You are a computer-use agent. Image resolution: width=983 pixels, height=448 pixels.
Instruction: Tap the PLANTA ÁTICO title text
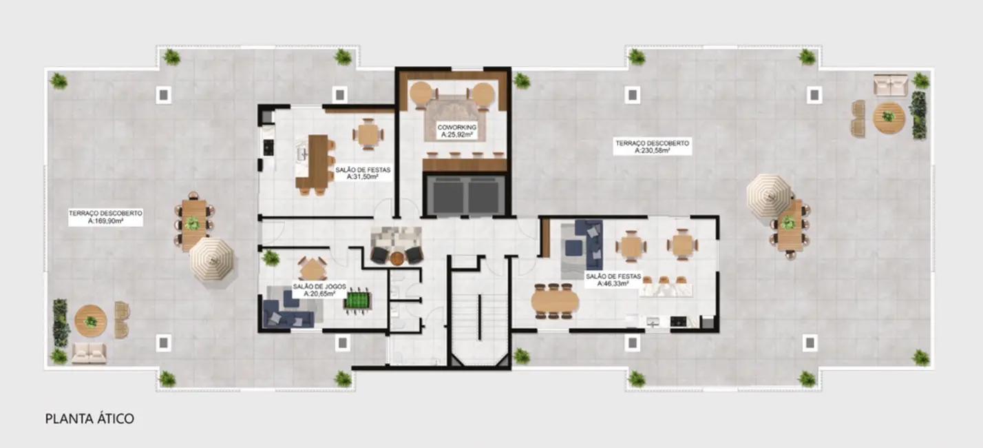(x=89, y=418)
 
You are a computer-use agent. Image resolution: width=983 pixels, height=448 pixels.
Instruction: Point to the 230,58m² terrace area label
(x=652, y=146)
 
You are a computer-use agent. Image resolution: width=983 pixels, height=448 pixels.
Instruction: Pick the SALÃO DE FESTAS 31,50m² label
(x=354, y=172)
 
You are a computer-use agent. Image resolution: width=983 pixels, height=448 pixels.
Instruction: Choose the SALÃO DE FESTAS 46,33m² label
(x=613, y=279)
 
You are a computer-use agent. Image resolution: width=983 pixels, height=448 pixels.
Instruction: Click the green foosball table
(x=357, y=301)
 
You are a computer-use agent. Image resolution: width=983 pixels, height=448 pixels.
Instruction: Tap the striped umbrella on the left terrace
(x=211, y=258)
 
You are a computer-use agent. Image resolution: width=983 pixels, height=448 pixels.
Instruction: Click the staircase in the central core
(x=480, y=317)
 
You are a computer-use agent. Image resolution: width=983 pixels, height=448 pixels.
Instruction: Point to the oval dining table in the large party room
(x=554, y=301)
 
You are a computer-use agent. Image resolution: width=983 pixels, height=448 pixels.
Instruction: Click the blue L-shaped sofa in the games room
(x=288, y=312)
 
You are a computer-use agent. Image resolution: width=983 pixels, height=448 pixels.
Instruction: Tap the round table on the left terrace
(x=91, y=321)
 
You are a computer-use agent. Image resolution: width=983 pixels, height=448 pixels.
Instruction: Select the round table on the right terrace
(x=888, y=117)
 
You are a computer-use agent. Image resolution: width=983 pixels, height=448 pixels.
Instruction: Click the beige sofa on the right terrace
(x=890, y=85)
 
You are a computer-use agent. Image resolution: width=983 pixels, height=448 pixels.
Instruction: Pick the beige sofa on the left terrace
(x=89, y=353)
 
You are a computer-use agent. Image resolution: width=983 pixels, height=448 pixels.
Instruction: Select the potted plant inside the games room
(x=271, y=258)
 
